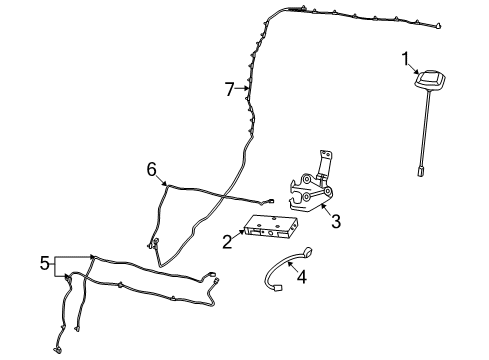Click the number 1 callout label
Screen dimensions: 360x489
406,59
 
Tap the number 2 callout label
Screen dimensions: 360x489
229,242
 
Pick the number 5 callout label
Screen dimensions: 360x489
44,263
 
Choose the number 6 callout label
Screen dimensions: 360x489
151,169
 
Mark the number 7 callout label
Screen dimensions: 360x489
229,89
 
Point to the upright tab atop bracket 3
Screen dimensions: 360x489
324,160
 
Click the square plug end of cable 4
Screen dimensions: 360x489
276,289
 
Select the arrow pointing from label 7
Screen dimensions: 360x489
241,89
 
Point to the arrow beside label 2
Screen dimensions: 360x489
241,236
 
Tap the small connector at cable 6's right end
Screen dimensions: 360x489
273,200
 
